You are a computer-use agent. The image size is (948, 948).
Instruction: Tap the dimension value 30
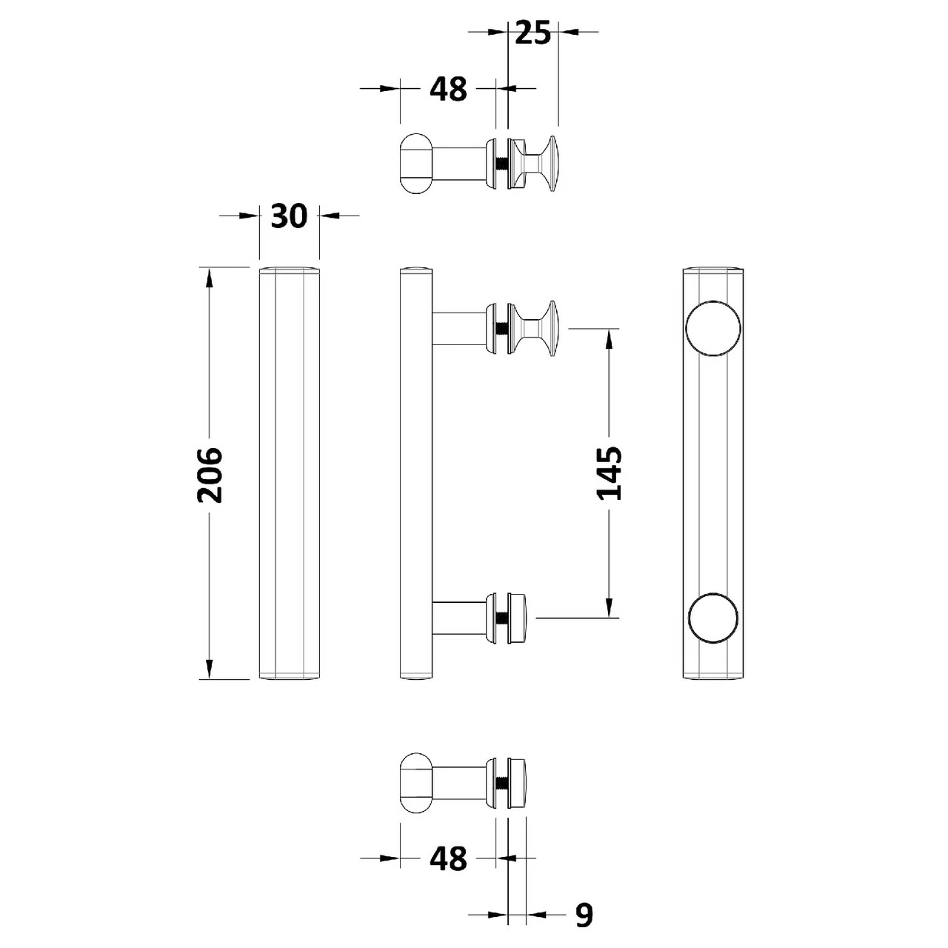(x=289, y=216)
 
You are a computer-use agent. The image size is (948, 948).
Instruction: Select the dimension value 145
(x=610, y=473)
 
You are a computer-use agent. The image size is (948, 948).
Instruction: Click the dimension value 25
(x=533, y=33)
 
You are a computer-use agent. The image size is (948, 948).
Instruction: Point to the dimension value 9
(x=584, y=915)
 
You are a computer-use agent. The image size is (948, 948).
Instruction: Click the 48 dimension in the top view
(x=449, y=89)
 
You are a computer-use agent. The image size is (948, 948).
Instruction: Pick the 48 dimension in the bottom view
(x=449, y=858)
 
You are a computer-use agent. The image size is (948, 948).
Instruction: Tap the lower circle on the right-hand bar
(x=713, y=617)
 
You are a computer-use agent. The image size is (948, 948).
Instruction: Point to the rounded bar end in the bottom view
(x=415, y=784)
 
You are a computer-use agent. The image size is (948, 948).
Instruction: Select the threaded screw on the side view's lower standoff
(x=502, y=618)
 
